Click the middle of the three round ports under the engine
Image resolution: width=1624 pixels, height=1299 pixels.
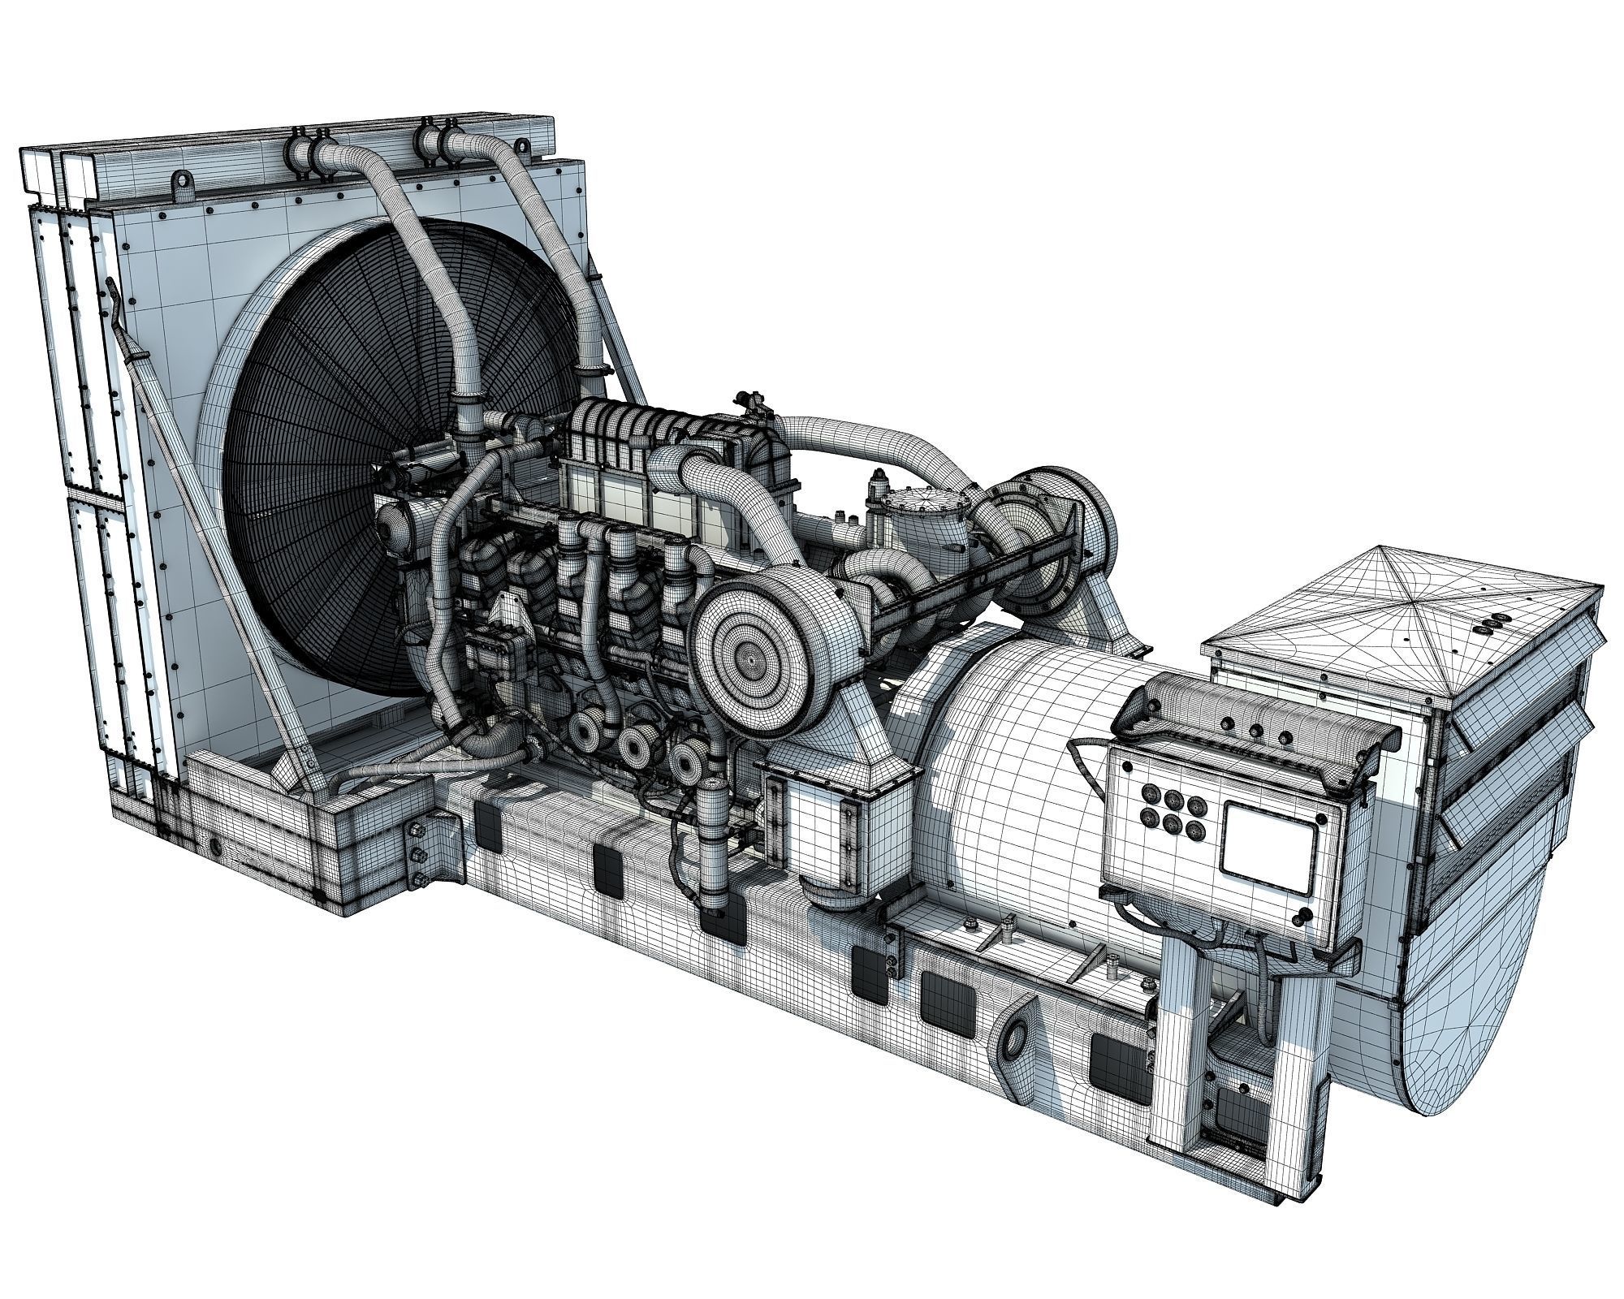pyautogui.click(x=635, y=740)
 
